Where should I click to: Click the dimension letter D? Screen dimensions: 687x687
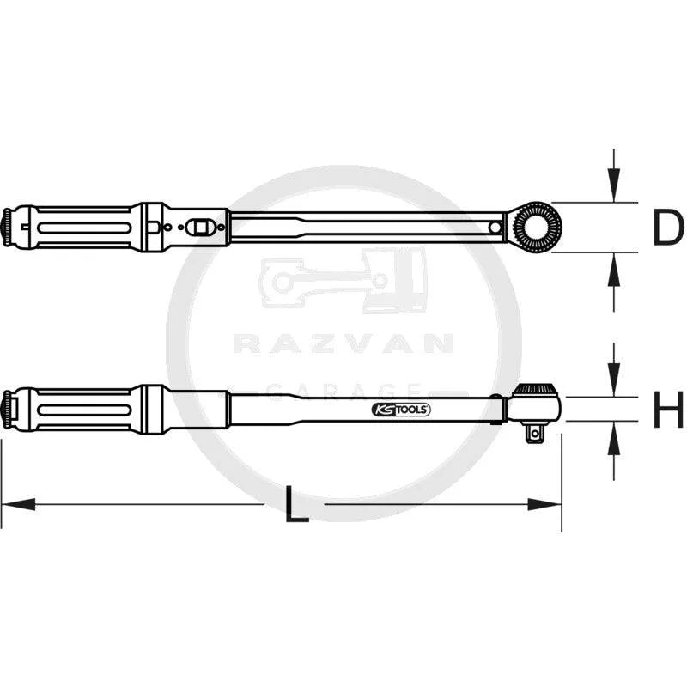click(x=667, y=228)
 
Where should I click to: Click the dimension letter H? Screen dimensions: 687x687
click(x=668, y=410)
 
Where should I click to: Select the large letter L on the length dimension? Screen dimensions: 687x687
click(x=296, y=504)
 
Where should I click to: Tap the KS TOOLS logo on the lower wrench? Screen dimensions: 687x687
click(x=401, y=410)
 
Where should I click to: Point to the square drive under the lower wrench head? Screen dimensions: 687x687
click(x=535, y=434)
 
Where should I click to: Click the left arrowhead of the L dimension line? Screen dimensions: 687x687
click(x=18, y=504)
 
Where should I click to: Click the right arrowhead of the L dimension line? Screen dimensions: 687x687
click(x=544, y=504)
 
